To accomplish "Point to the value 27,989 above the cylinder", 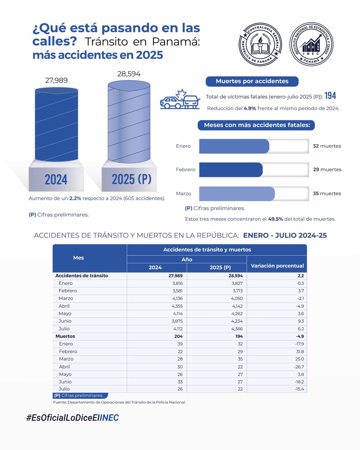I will point(56,80).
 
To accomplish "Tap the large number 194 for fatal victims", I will point(330,96).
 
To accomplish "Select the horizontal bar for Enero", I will point(234,146).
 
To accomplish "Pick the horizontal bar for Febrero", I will point(231,169).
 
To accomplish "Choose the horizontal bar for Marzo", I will point(237,193).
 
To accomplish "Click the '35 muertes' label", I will point(327,193).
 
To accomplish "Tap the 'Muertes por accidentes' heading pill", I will point(252,81).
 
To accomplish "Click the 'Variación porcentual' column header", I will point(276,265).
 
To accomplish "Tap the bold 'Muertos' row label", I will point(65,336).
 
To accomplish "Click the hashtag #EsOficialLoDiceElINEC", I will point(72,418).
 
